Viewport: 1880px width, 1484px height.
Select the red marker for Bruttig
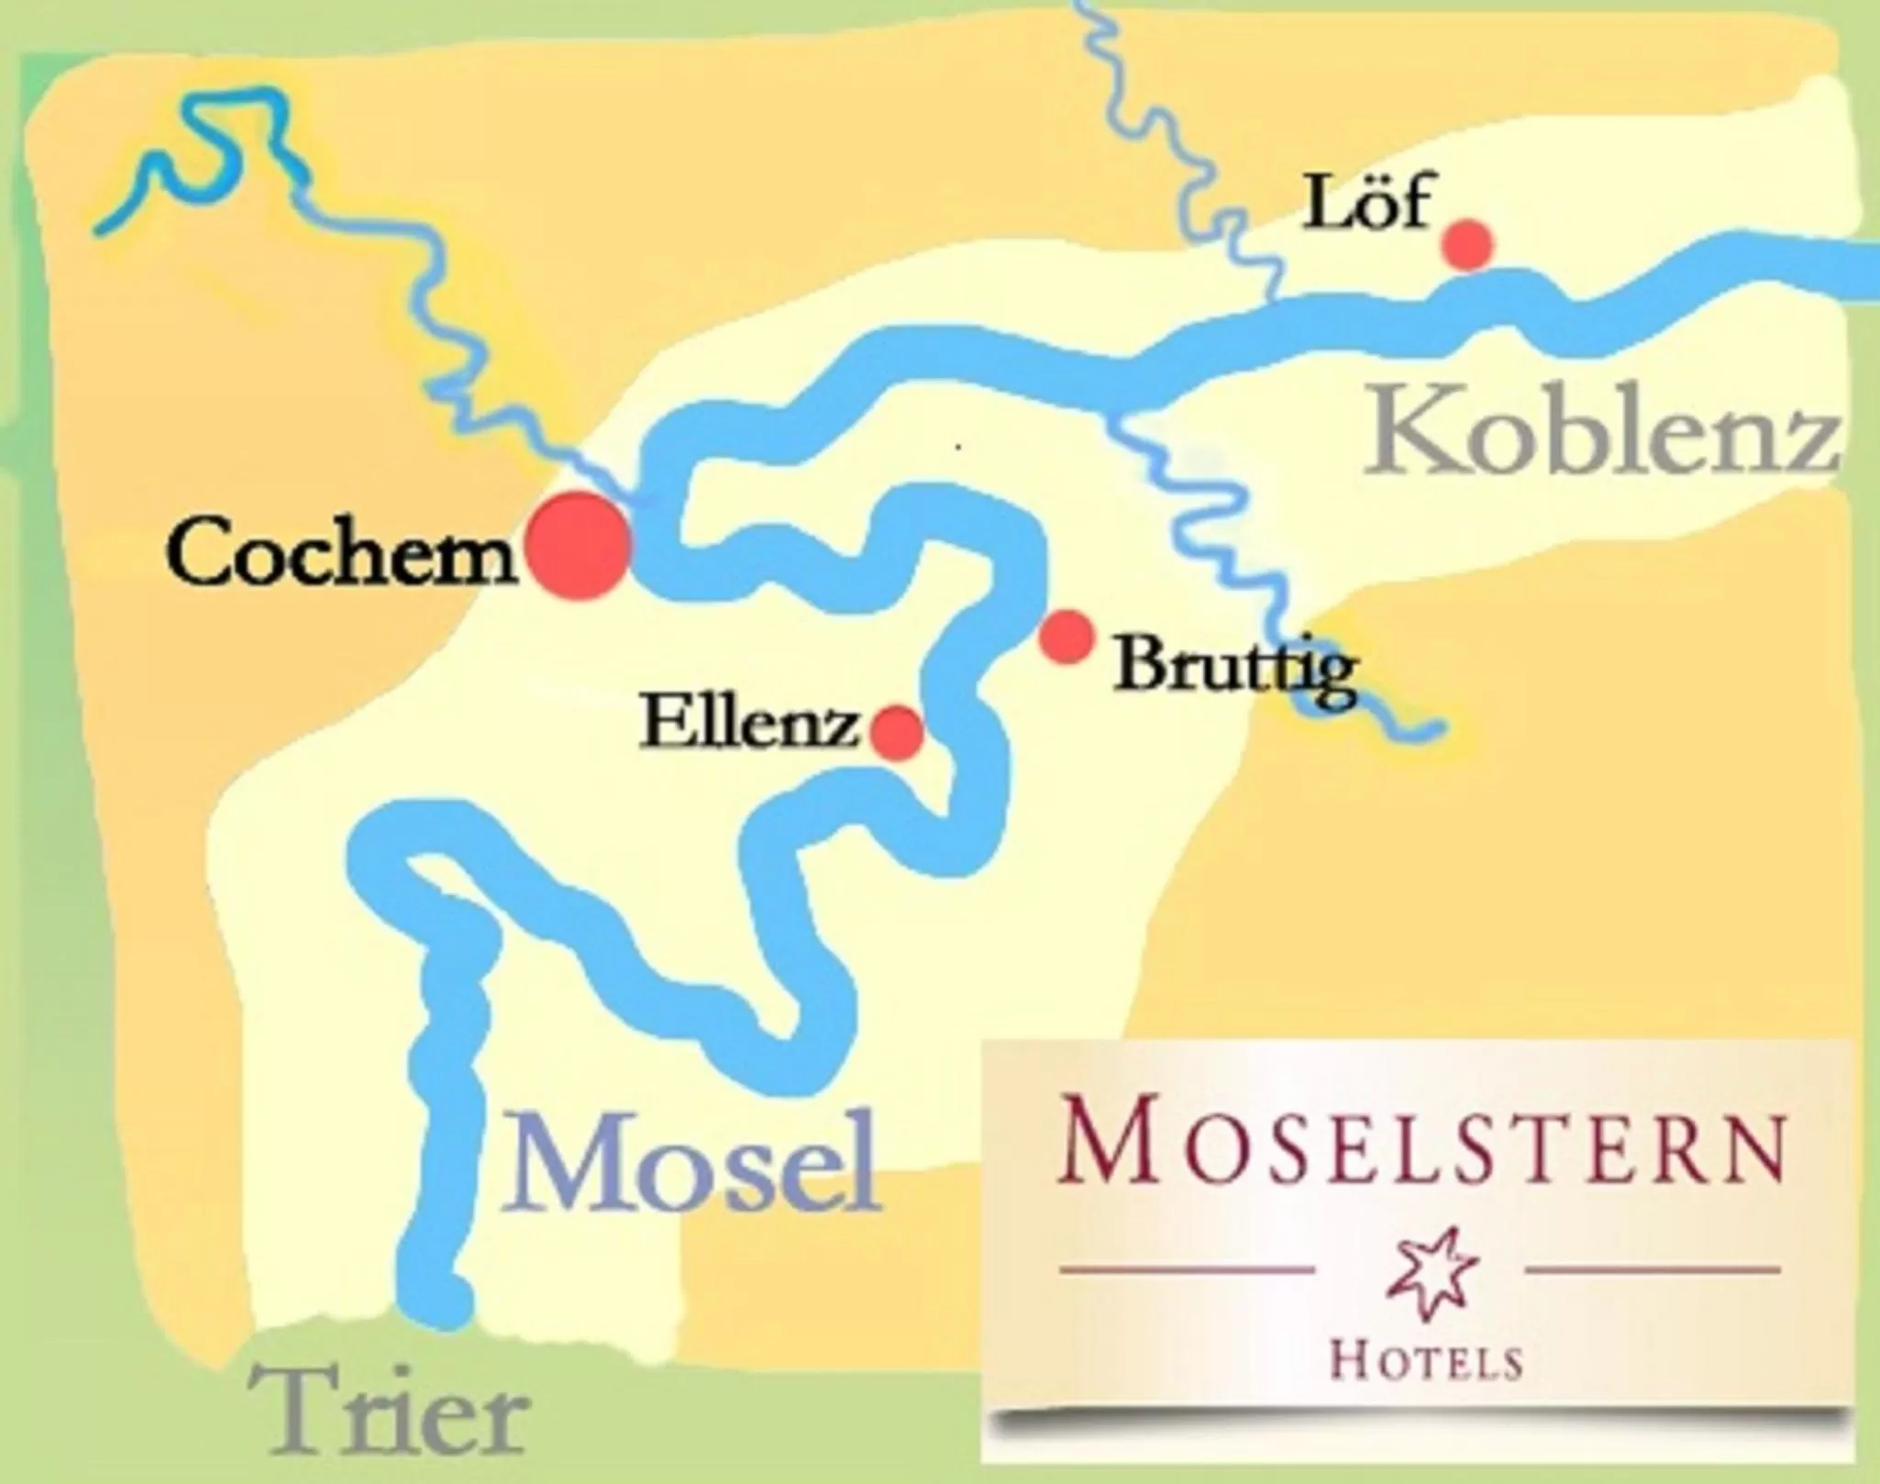1067,636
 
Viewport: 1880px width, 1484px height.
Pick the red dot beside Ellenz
896,732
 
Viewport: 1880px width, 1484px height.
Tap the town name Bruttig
1233,668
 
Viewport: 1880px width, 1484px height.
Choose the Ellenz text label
748,724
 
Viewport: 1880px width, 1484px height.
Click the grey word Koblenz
1600,433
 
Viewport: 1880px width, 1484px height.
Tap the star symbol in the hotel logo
1420,1268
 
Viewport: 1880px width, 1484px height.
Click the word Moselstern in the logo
1420,1146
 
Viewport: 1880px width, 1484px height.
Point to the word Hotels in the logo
1425,1362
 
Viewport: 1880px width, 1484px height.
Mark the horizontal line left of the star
1188,1270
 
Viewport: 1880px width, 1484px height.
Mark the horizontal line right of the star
1651,1270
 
